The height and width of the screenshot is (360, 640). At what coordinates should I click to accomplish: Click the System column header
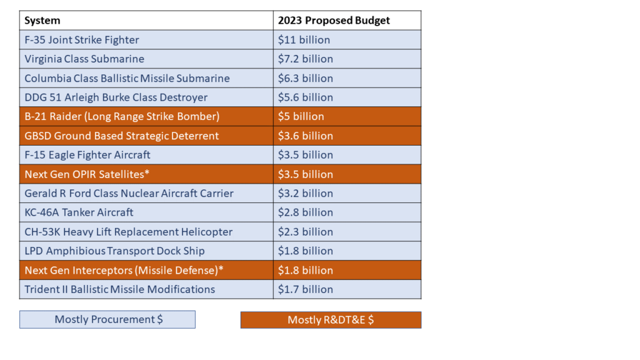[x=42, y=21]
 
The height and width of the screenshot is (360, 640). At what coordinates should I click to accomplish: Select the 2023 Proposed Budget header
[x=334, y=21]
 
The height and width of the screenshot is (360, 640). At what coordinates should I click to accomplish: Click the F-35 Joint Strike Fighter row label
[x=82, y=40]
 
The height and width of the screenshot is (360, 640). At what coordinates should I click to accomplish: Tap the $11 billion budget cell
[x=304, y=40]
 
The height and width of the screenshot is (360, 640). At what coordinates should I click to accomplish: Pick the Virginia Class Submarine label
[x=84, y=59]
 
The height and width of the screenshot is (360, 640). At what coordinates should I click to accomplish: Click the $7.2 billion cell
[x=306, y=59]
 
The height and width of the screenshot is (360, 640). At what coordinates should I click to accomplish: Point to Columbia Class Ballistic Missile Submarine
[x=127, y=78]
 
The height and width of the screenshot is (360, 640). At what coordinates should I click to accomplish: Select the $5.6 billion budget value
[x=306, y=97]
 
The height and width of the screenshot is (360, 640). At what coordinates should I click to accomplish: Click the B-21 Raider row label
[x=122, y=116]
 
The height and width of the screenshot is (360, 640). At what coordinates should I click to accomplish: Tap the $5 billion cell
[x=301, y=116]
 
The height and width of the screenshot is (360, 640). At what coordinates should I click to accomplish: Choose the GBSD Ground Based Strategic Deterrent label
[x=122, y=136]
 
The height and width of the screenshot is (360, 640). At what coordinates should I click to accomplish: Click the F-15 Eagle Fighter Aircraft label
[x=87, y=155]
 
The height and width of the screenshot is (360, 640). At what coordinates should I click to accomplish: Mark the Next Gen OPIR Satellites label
[x=87, y=174]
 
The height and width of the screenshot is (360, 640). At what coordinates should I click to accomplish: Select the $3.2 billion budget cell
[x=306, y=194]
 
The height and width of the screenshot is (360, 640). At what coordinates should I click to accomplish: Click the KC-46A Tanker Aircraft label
[x=79, y=212]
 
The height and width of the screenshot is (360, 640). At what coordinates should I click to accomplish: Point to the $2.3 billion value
[x=306, y=232]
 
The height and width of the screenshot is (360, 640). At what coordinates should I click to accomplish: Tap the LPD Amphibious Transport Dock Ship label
[x=115, y=251]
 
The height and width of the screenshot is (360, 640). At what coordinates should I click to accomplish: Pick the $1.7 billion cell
[x=306, y=289]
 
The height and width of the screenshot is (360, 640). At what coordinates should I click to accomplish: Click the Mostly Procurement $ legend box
[x=107, y=319]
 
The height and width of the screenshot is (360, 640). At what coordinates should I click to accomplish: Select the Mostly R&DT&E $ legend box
[x=331, y=320]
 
